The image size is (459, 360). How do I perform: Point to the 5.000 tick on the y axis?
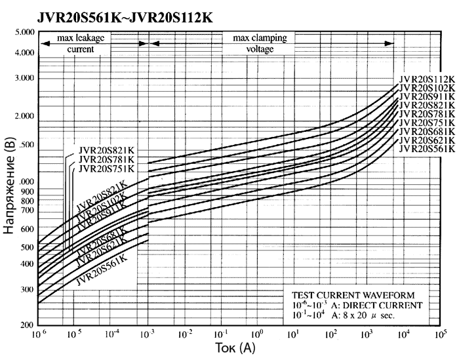(23, 31)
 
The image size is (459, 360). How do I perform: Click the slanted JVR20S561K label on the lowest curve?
(101, 270)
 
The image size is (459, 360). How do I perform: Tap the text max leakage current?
(81, 43)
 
